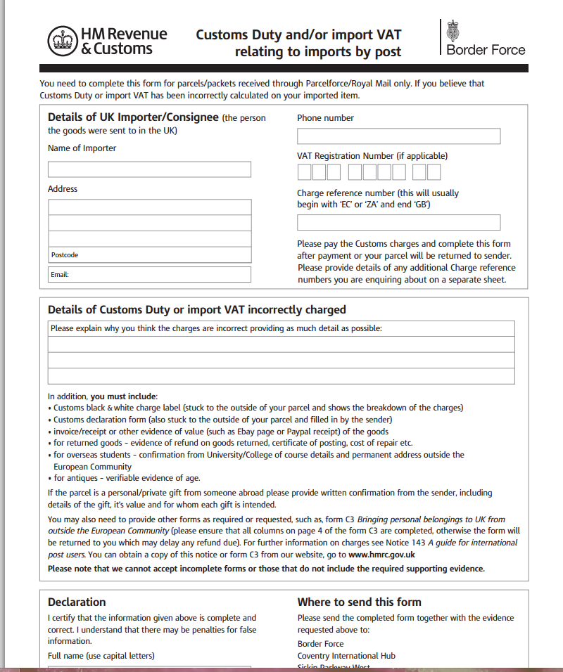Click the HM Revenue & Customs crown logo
(x=62, y=41)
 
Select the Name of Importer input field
(x=149, y=169)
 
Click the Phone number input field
(x=398, y=136)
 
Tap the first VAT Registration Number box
(x=304, y=172)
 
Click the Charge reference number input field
(x=398, y=223)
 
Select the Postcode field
(x=149, y=254)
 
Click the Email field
(x=149, y=274)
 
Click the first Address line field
(x=149, y=207)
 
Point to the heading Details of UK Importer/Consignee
(x=133, y=117)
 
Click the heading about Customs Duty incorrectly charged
(x=196, y=309)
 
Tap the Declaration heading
(x=77, y=602)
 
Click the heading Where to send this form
(x=359, y=602)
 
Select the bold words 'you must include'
(x=124, y=396)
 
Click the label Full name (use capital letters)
(x=101, y=656)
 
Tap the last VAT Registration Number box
(x=434, y=172)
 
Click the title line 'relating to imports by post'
(x=317, y=51)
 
